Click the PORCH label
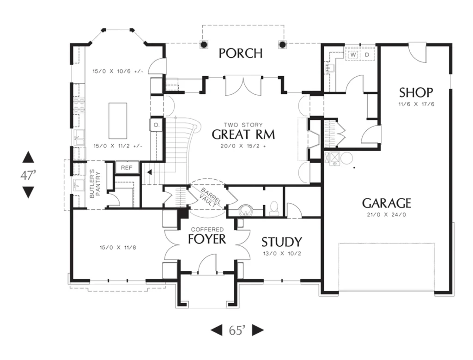point(240,53)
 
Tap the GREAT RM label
point(243,134)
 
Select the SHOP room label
point(416,92)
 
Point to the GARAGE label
point(387,203)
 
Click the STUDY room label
point(281,242)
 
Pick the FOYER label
point(207,239)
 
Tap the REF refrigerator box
point(127,168)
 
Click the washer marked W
point(353,55)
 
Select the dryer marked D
point(367,55)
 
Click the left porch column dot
point(204,45)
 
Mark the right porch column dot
point(282,45)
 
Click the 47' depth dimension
point(28,175)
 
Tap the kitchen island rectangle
point(118,121)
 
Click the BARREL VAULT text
point(210,198)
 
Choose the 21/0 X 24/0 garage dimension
point(387,215)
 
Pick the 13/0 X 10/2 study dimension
point(282,253)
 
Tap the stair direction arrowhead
point(149,172)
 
